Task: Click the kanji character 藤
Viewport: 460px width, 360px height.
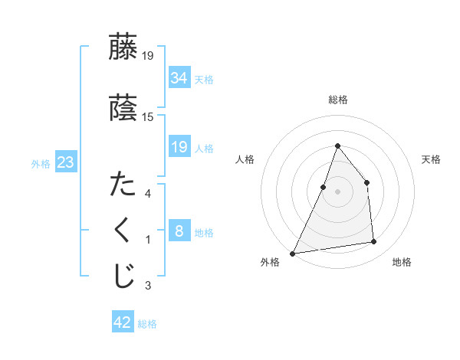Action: pyautogui.click(x=123, y=47)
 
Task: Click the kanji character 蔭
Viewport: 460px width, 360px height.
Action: pyautogui.click(x=123, y=108)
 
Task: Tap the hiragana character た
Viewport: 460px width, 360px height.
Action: pyautogui.click(x=123, y=185)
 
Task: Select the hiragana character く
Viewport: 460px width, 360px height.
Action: pyautogui.click(x=123, y=231)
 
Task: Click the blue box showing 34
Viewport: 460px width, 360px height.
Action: pyautogui.click(x=179, y=78)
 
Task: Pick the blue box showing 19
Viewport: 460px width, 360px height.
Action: pyautogui.click(x=179, y=147)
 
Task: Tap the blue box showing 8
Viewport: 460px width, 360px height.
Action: pyautogui.click(x=179, y=231)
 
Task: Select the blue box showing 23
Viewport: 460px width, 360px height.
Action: pyautogui.click(x=65, y=162)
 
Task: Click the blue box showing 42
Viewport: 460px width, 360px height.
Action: pyautogui.click(x=123, y=322)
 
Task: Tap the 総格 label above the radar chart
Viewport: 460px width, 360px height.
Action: pyautogui.click(x=338, y=100)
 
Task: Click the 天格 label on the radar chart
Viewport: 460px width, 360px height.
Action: pyautogui.click(x=431, y=159)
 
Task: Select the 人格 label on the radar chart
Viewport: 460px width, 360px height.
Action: pyautogui.click(x=245, y=159)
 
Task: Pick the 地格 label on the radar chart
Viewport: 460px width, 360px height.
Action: pyautogui.click(x=402, y=262)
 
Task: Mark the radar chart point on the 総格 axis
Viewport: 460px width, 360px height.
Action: pyautogui.click(x=338, y=146)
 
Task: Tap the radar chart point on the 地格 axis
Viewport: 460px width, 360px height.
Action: pyautogui.click(x=374, y=242)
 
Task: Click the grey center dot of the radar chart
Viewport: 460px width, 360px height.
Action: pyautogui.click(x=338, y=191)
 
